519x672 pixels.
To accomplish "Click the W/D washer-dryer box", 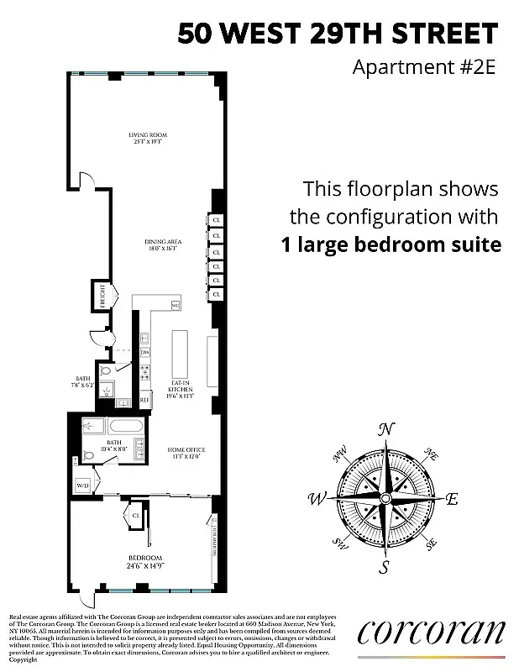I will pyautogui.click(x=83, y=485).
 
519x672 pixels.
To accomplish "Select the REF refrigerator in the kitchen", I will pyautogui.click(x=144, y=400).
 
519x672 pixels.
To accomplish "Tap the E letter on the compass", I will pyautogui.click(x=451, y=499).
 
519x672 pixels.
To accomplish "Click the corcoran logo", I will pyautogui.click(x=431, y=632).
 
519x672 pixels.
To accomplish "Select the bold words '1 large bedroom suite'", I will pyautogui.click(x=390, y=244).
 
